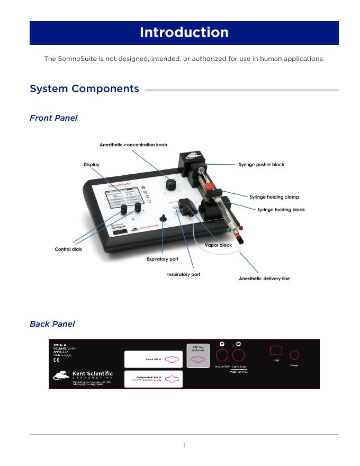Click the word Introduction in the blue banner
(x=184, y=33)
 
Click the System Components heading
(x=84, y=89)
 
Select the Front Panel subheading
(x=53, y=118)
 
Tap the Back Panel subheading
(x=52, y=324)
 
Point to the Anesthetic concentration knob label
(x=133, y=145)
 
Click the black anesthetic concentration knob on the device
(x=170, y=184)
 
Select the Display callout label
(x=91, y=165)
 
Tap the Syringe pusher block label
(x=261, y=165)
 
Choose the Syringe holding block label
(x=281, y=210)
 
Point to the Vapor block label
(x=218, y=245)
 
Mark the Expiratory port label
(x=162, y=259)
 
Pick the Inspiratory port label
(x=183, y=275)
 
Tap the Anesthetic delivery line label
(x=264, y=279)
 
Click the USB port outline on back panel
(x=276, y=351)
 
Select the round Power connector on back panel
(x=294, y=355)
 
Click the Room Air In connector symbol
(x=172, y=360)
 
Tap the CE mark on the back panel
(x=57, y=361)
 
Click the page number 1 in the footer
(x=184, y=445)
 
